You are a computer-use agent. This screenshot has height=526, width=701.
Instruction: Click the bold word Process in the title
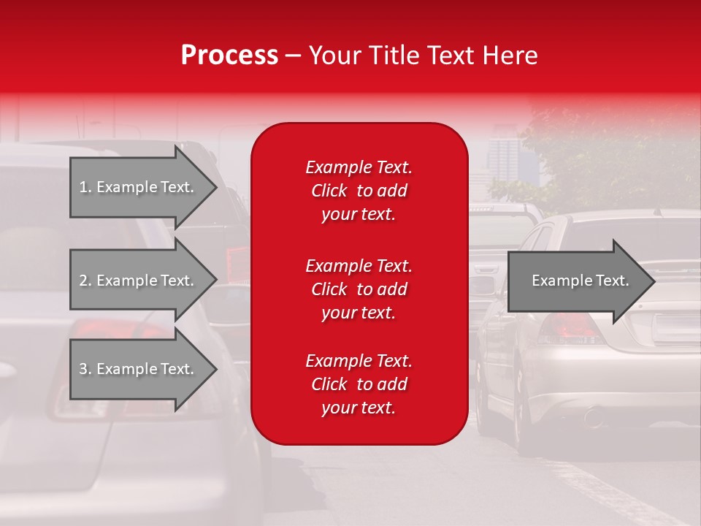229,56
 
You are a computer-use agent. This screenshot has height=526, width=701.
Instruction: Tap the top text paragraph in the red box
359,191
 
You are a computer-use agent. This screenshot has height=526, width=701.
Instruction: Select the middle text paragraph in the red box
359,289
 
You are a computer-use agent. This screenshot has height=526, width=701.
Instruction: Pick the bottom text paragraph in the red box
359,384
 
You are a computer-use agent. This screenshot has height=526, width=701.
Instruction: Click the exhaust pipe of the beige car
593,419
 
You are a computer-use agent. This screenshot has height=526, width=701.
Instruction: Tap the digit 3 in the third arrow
83,369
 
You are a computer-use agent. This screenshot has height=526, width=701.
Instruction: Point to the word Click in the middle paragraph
329,289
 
